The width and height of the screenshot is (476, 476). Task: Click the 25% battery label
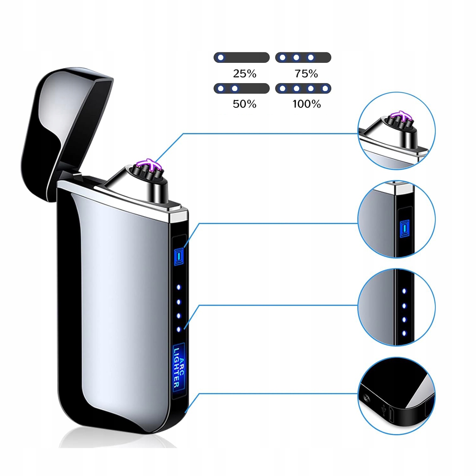click(244, 74)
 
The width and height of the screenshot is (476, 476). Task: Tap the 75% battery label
click(306, 74)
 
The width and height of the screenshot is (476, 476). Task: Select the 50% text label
click(244, 104)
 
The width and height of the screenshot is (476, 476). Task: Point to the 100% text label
click(307, 104)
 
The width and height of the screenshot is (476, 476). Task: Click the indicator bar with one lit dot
click(241, 57)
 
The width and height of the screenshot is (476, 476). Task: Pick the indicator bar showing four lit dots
click(303, 88)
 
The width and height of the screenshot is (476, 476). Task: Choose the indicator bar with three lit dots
click(303, 57)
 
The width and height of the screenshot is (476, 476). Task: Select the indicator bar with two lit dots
click(241, 88)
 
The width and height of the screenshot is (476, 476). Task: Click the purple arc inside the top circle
click(401, 116)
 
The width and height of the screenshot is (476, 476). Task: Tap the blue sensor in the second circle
click(404, 228)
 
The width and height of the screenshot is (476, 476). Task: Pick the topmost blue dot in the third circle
click(404, 291)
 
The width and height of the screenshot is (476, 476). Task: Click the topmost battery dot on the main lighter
click(179, 287)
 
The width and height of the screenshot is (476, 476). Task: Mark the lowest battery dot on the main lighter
click(179, 330)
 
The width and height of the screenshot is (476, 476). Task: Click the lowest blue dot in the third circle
click(404, 333)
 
